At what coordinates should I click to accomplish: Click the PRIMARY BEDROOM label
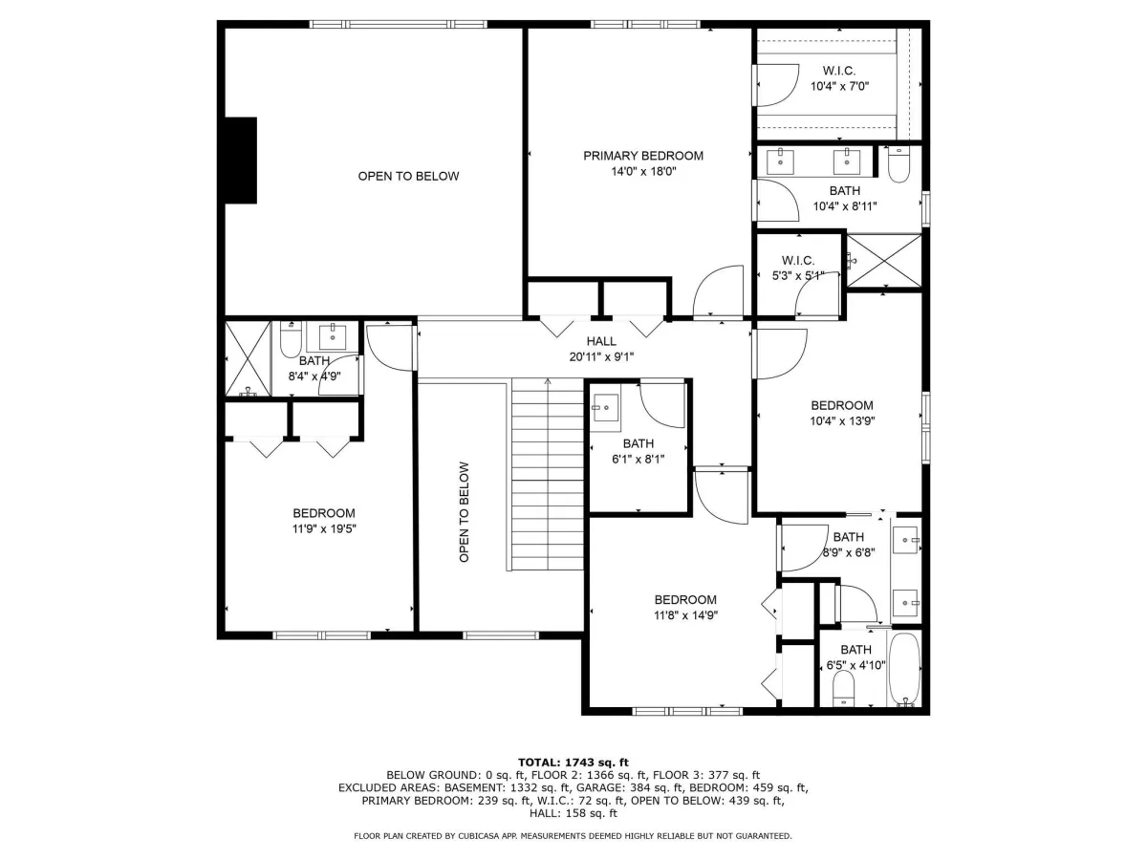pos(642,156)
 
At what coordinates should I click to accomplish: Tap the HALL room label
pos(601,341)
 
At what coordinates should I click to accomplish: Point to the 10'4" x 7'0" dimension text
pos(839,86)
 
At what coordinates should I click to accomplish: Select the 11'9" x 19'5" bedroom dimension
pos(324,529)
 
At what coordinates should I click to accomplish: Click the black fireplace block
pos(240,161)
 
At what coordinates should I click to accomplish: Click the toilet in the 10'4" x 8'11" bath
pos(898,164)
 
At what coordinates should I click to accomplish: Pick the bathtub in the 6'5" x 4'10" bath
pos(904,670)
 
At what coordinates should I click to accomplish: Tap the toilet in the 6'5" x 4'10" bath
pos(842,688)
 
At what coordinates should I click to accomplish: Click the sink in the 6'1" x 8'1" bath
pos(605,407)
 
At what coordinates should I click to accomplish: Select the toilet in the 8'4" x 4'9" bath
pos(291,339)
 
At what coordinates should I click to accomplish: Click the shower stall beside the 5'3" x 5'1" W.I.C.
pos(883,261)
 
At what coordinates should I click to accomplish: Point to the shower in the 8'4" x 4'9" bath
pos(248,358)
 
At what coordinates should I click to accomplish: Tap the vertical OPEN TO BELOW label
pos(464,512)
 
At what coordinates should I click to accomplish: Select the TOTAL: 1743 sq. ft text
pos(573,763)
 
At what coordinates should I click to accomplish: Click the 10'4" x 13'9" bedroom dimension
pos(842,420)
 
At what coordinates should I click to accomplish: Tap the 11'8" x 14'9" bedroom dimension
pos(685,615)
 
